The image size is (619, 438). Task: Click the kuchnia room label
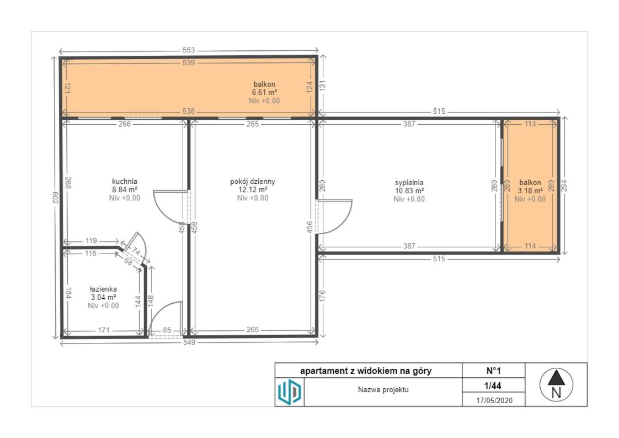pos(124,182)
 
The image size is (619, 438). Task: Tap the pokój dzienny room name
pos(253,182)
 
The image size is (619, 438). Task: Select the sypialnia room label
pos(409,183)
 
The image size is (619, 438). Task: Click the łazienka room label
pos(103,289)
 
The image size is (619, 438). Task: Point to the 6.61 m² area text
pos(264,92)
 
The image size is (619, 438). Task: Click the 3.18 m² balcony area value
pos(530,191)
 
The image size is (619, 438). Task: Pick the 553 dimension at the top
pos(189,50)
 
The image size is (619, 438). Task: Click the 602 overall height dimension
pos(55,198)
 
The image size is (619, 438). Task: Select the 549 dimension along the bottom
pos(189,342)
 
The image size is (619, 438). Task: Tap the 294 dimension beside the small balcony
pos(564,186)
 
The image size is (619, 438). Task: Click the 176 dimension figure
pos(322,297)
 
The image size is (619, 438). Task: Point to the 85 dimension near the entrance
pos(167,330)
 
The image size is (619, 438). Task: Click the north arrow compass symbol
pos(556,384)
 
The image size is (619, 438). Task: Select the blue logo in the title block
pos(290,392)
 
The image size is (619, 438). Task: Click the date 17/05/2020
pos(494,400)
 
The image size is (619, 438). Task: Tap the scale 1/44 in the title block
pos(493,386)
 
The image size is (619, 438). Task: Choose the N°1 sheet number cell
pos(493,371)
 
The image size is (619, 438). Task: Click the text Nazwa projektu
pos(383,389)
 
